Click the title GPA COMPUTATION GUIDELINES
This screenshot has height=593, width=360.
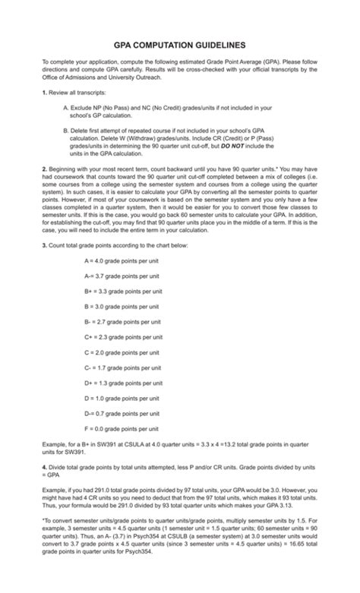pyautogui.click(x=180, y=45)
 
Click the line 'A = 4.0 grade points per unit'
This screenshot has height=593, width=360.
pyautogui.click(x=122, y=260)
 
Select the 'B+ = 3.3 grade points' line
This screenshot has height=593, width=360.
pyautogui.click(x=123, y=290)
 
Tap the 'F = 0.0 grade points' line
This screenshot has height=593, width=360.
pyautogui.click(x=122, y=429)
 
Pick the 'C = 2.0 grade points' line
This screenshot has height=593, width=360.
pyautogui.click(x=122, y=352)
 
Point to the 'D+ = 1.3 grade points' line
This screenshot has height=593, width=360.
pyautogui.click(x=123, y=383)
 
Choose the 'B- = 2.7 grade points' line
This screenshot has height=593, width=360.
pyautogui.click(x=123, y=321)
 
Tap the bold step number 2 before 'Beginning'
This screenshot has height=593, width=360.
pyautogui.click(x=44, y=186)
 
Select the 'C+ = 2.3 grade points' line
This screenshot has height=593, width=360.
pyautogui.click(x=123, y=336)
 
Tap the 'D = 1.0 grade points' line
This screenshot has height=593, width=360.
pyautogui.click(x=122, y=399)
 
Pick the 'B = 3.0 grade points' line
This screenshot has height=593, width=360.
pyautogui.click(x=122, y=306)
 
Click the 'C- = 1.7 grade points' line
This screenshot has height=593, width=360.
pyautogui.click(x=123, y=367)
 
